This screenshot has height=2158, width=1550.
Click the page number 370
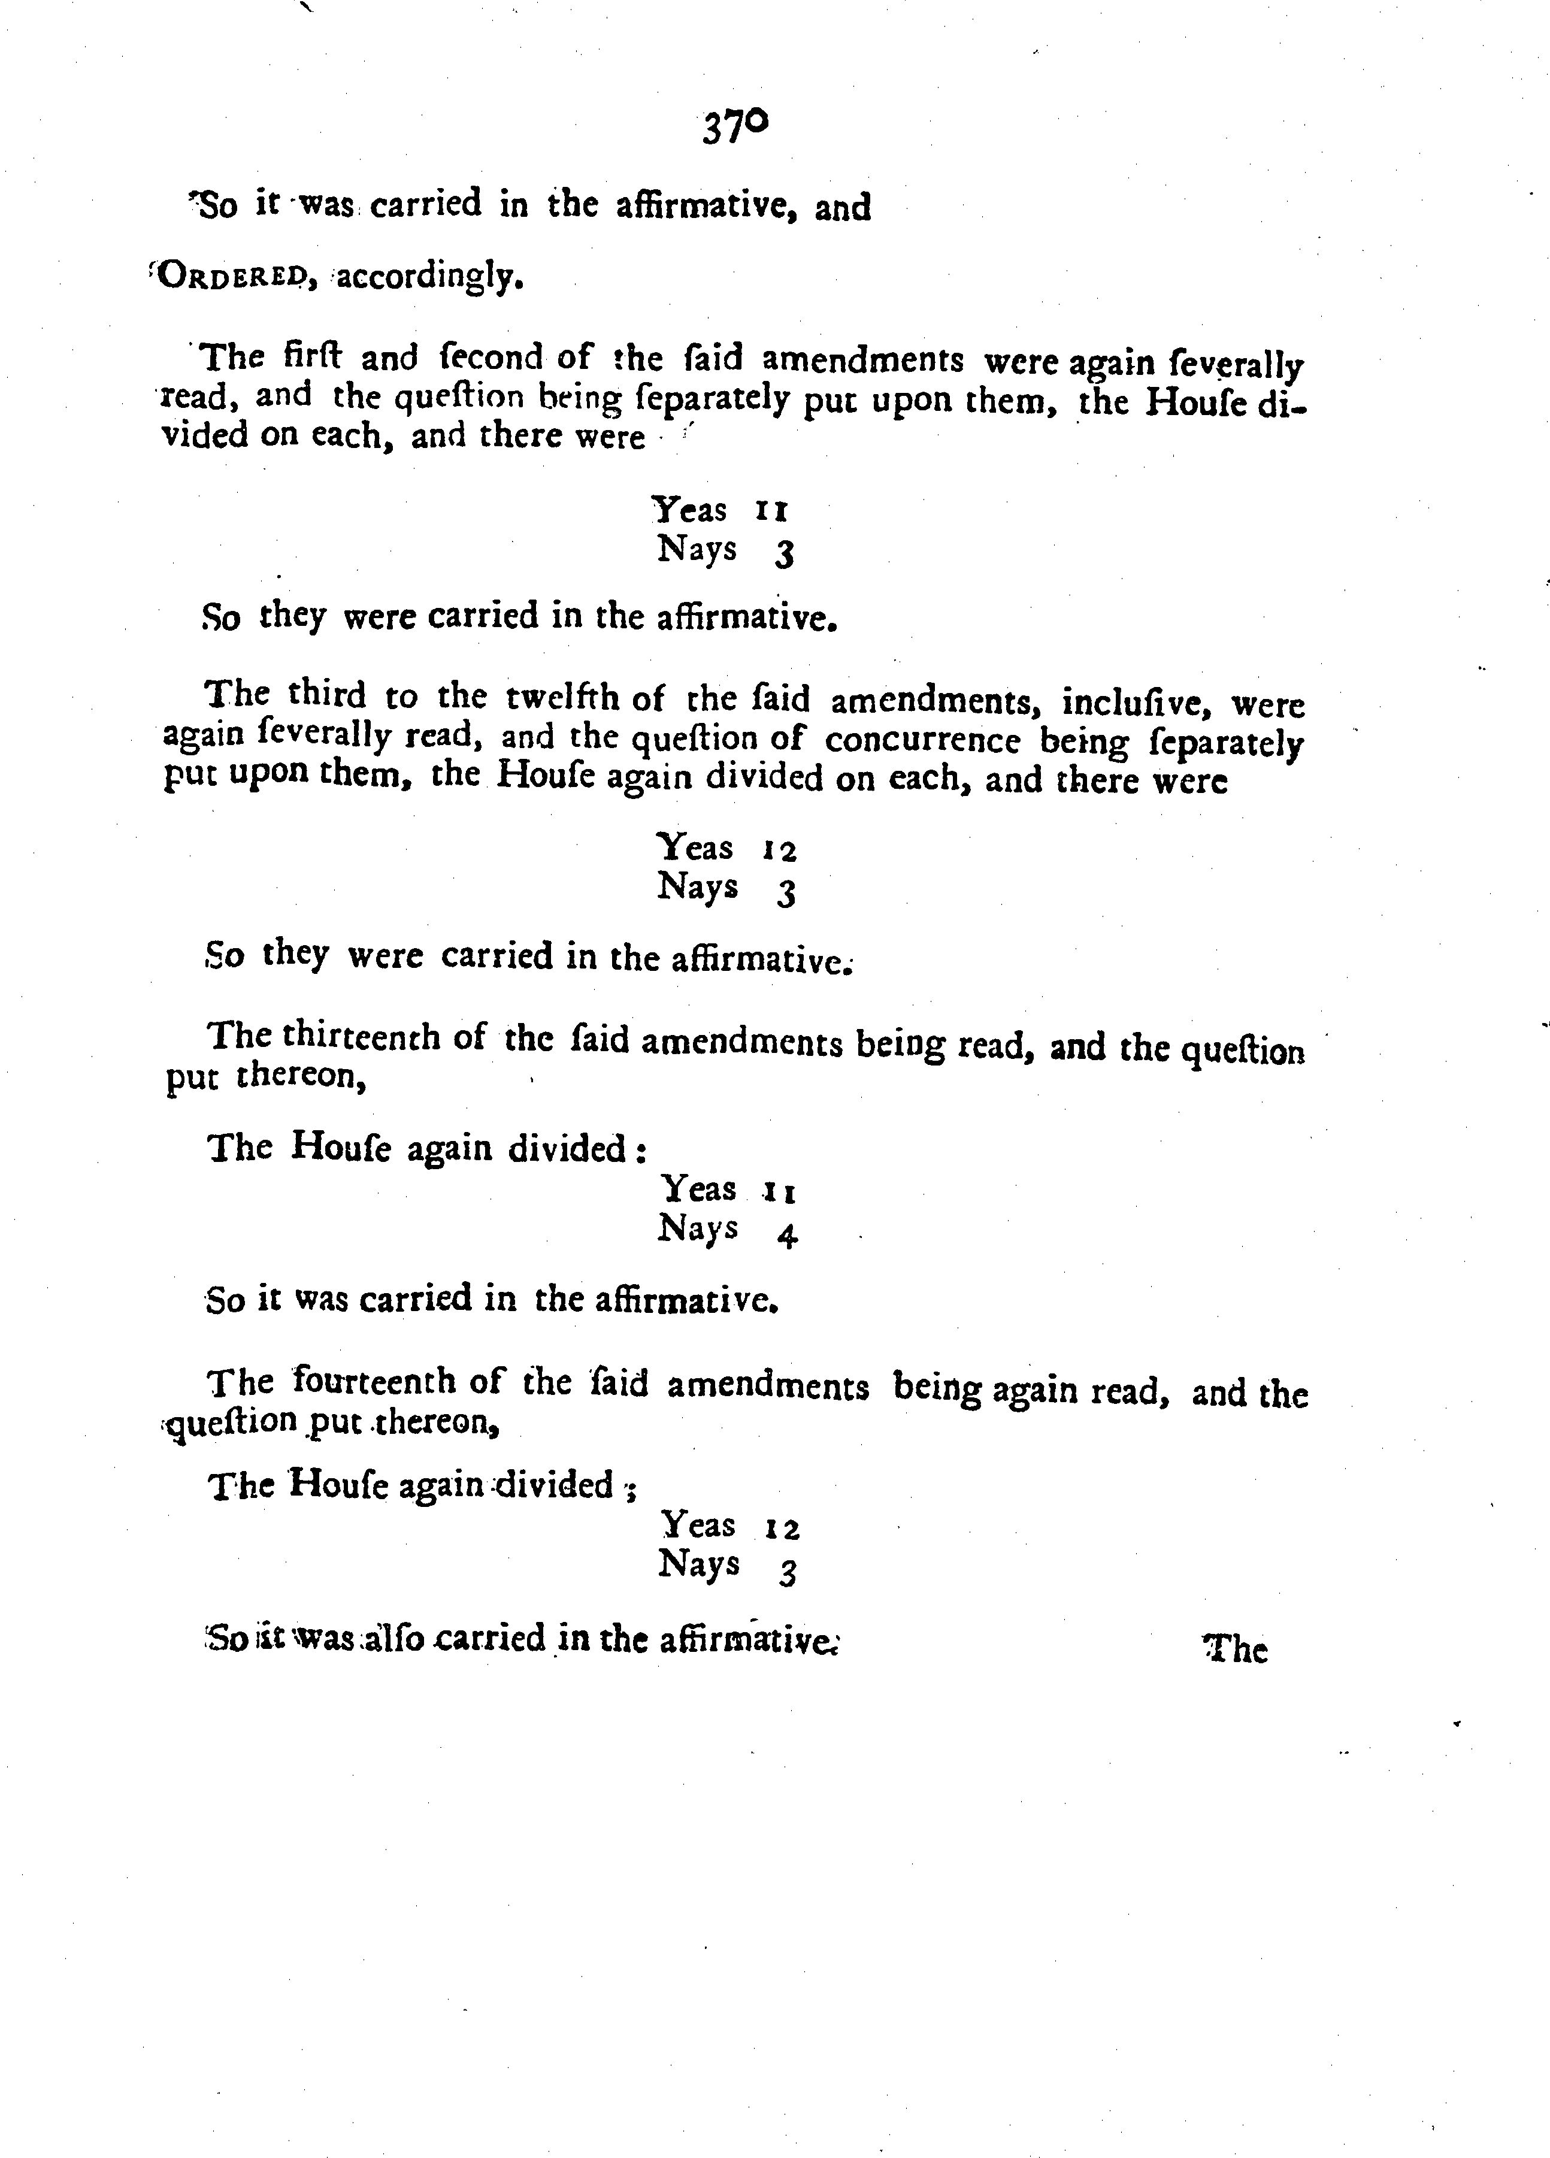pos(734,126)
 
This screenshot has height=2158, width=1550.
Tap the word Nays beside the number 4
pos(698,1228)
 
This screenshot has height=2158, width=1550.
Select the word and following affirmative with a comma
pos(842,207)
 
